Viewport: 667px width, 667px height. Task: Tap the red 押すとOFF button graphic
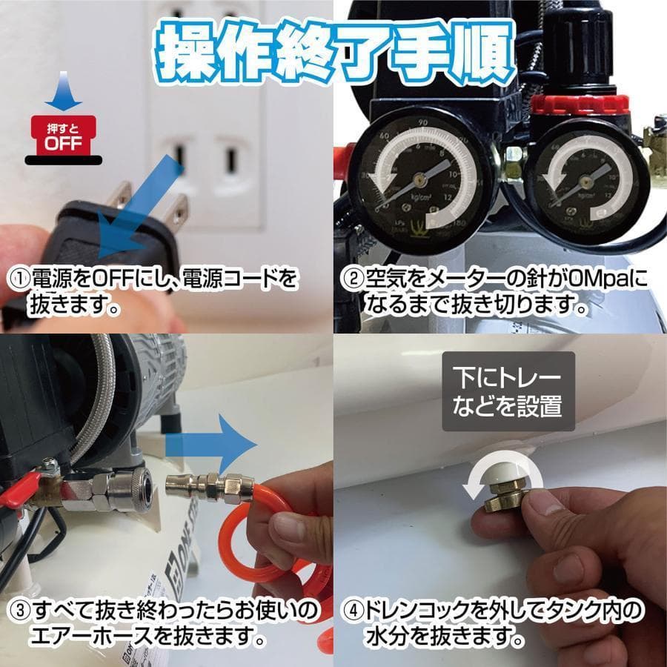pyautogui.click(x=63, y=138)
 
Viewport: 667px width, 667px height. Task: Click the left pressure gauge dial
pyautogui.click(x=419, y=177)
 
